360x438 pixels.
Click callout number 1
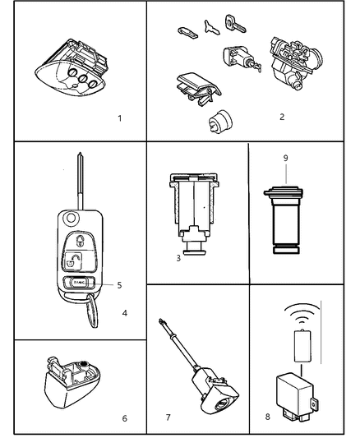pyautogui.click(x=119, y=118)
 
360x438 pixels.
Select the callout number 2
pyautogui.click(x=281, y=117)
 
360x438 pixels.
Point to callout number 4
pyautogui.click(x=124, y=313)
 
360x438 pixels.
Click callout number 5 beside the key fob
pyautogui.click(x=119, y=285)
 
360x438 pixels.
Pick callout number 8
pyautogui.click(x=268, y=417)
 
